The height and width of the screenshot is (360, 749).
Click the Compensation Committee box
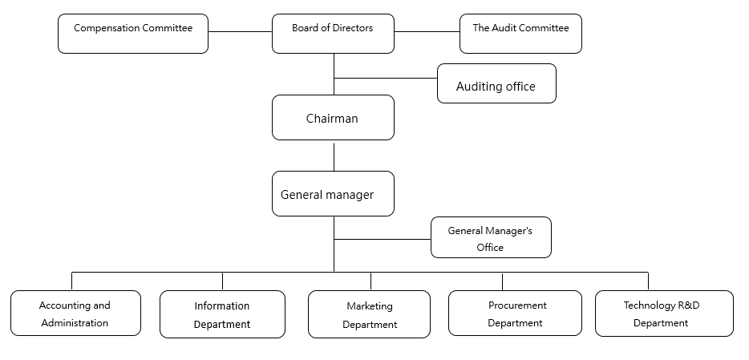pyautogui.click(x=133, y=34)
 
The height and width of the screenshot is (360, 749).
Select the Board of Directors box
pyautogui.click(x=333, y=34)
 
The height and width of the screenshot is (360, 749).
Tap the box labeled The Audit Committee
pyautogui.click(x=520, y=34)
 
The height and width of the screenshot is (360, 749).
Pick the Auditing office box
pyautogui.click(x=496, y=83)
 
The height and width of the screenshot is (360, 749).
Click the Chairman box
pyautogui.click(x=333, y=117)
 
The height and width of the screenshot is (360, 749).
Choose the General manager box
pyautogui.click(x=333, y=194)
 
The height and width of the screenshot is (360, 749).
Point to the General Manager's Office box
pyautogui.click(x=491, y=237)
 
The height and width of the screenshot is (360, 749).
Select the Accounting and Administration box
pyautogui.click(x=75, y=313)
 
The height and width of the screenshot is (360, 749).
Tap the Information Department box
pyautogui.click(x=222, y=314)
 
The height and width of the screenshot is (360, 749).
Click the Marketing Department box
pyautogui.click(x=369, y=314)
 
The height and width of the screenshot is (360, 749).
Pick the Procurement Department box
pyautogui.click(x=515, y=313)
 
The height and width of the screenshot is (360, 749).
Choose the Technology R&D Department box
pyautogui.click(x=664, y=313)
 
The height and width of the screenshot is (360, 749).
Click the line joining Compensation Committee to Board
pyautogui.click(x=241, y=32)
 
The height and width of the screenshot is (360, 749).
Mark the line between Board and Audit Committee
pyautogui.click(x=427, y=32)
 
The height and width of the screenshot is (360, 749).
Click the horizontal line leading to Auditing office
pyautogui.click(x=386, y=78)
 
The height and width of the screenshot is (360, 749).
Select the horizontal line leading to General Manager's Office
pyautogui.click(x=383, y=239)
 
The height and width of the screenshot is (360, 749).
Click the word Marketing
pyautogui.click(x=370, y=306)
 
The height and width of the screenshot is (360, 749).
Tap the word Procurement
pyautogui.click(x=517, y=305)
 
